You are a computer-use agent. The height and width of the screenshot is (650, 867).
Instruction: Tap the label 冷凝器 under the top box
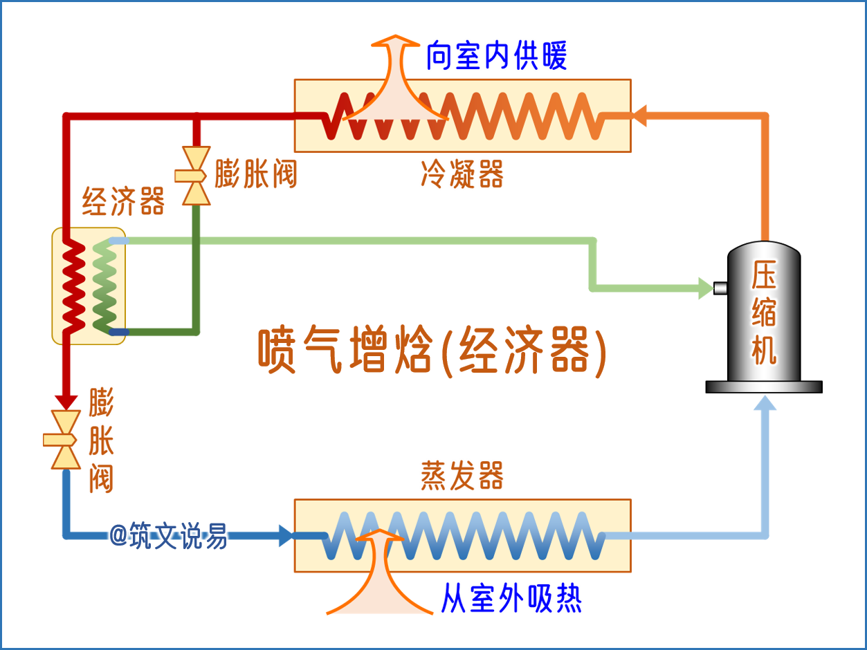coord(462,174)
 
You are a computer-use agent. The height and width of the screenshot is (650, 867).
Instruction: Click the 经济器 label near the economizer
coord(123,201)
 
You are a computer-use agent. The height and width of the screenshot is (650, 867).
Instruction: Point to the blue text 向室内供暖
coord(496,56)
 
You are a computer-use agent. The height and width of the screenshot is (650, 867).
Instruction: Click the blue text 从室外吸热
coord(511,598)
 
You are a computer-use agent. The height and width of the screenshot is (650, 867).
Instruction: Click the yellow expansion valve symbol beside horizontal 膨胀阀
coord(196,176)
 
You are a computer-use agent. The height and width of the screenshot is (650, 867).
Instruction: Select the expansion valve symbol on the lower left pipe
coord(66,440)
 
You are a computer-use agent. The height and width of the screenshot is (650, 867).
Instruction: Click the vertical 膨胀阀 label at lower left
coord(101,440)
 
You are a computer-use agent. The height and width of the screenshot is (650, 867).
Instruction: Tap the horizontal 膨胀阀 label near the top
coord(255,174)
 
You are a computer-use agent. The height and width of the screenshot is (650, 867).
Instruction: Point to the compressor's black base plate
coord(764,387)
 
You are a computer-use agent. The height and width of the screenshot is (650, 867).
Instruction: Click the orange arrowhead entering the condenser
coord(640,115)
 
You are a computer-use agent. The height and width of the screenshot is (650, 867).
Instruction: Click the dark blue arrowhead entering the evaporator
coord(286,535)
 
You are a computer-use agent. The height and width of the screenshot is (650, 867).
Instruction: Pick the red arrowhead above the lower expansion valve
coord(66,400)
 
